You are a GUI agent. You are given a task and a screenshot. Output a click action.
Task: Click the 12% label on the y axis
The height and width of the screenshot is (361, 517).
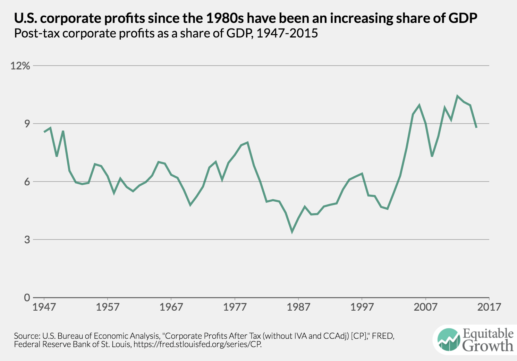click(x=20, y=66)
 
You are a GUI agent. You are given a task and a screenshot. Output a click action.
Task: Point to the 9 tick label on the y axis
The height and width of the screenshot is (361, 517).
click(x=27, y=124)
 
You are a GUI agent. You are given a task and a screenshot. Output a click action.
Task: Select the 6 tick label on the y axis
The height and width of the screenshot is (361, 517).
click(x=27, y=182)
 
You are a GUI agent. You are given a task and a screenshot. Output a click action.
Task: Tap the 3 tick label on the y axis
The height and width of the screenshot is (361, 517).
click(x=27, y=240)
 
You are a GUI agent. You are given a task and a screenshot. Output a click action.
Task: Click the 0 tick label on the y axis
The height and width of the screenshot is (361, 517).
click(x=27, y=297)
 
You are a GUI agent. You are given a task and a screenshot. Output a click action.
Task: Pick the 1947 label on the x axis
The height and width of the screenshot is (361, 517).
click(x=44, y=307)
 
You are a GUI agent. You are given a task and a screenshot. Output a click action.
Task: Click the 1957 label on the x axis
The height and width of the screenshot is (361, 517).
click(x=108, y=307)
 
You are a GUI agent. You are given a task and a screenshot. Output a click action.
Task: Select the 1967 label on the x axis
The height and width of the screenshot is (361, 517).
click(x=171, y=307)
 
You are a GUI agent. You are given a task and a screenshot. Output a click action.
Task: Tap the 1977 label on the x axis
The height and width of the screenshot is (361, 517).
click(x=235, y=307)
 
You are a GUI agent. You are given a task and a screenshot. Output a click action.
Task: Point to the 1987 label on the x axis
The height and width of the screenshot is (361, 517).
click(x=298, y=307)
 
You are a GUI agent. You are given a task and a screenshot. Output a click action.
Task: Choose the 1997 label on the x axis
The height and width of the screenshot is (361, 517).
click(x=362, y=307)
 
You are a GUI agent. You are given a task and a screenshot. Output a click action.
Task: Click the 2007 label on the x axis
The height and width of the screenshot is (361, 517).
click(x=425, y=307)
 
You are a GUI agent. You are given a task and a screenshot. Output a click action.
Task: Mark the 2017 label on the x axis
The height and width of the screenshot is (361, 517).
click(x=489, y=307)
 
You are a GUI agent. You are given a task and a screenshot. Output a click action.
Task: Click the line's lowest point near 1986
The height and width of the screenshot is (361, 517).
click(x=292, y=231)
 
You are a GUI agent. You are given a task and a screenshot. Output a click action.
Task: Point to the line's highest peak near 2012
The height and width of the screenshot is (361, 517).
click(x=457, y=96)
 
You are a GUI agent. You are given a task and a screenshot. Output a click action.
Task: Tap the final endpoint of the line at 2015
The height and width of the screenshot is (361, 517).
click(x=476, y=127)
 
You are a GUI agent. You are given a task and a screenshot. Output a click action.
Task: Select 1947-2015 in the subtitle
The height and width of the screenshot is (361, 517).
click(x=287, y=33)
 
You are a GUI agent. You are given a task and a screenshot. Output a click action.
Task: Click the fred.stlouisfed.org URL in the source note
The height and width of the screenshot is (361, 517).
click(x=197, y=345)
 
